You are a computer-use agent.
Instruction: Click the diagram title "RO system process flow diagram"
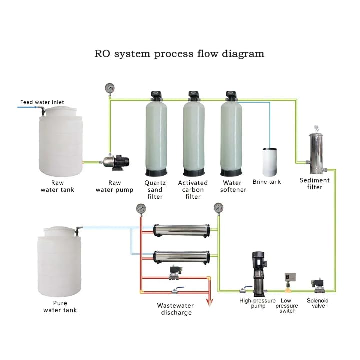pos(179,53)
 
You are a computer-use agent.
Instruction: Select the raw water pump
pos(116,162)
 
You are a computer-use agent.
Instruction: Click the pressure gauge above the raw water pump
pos(110,88)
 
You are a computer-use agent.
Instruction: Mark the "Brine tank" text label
pos(267,182)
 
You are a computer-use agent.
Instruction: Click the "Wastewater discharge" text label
pos(176,309)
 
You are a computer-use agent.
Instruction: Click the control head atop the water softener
pos(231,94)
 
